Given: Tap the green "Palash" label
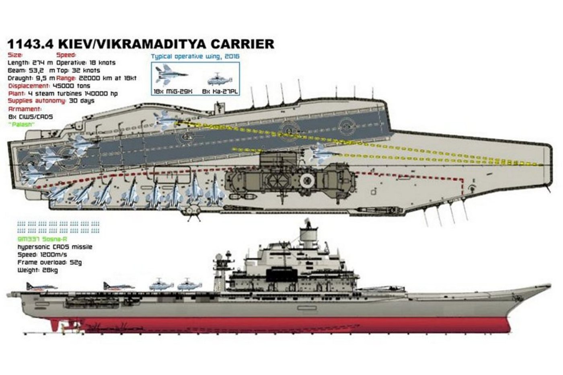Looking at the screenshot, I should coord(21,125).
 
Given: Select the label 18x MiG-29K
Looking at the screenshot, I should coord(173,92).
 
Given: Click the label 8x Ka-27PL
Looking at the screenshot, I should coord(220,92).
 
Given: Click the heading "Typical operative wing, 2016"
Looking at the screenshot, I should coord(195,56).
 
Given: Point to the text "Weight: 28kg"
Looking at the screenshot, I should coord(37,270).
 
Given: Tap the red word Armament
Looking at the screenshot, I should coord(25,109).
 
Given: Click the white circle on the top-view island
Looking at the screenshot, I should coord(307,180).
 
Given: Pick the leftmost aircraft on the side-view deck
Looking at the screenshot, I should coord(40,286).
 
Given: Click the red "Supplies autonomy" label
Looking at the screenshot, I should coord(37,101).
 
